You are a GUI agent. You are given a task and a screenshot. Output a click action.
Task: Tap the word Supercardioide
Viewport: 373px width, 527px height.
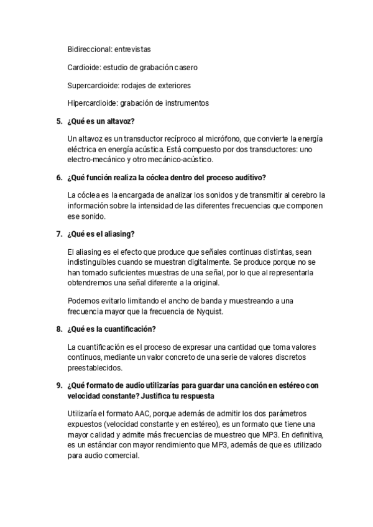(93, 85)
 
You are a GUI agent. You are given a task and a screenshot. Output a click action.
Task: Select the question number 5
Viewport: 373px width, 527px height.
(59, 120)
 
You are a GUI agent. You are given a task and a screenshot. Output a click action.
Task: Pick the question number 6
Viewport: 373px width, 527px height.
(59, 178)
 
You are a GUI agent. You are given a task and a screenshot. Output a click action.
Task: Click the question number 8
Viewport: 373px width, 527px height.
(59, 328)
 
